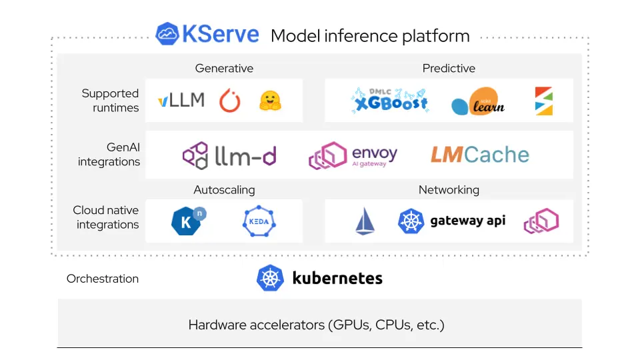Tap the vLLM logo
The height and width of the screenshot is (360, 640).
pyautogui.click(x=181, y=101)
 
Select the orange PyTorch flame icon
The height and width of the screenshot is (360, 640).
pyautogui.click(x=230, y=101)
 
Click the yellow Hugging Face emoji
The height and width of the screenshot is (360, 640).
pyautogui.click(x=270, y=101)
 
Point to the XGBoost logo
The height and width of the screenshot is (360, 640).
pyautogui.click(x=390, y=101)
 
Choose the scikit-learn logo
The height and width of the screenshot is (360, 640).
pyautogui.click(x=478, y=102)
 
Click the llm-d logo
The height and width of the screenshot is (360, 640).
pyautogui.click(x=229, y=155)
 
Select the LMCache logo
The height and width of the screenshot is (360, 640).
pyautogui.click(x=479, y=155)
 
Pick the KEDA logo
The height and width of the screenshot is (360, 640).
pyautogui.click(x=259, y=221)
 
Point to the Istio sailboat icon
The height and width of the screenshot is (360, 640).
pyautogui.click(x=365, y=221)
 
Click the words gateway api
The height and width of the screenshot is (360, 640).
pyautogui.click(x=467, y=221)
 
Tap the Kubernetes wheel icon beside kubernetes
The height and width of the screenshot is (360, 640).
pyautogui.click(x=271, y=278)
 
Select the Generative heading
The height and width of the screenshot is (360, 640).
pyautogui.click(x=224, y=68)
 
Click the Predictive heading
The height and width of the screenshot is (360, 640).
pyautogui.click(x=449, y=68)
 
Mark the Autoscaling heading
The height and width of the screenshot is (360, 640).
pyautogui.click(x=224, y=190)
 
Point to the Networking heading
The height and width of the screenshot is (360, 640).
pyautogui.click(x=449, y=190)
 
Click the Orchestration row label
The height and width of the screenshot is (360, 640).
pyautogui.click(x=103, y=279)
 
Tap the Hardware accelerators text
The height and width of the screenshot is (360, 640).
pyautogui.click(x=316, y=325)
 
